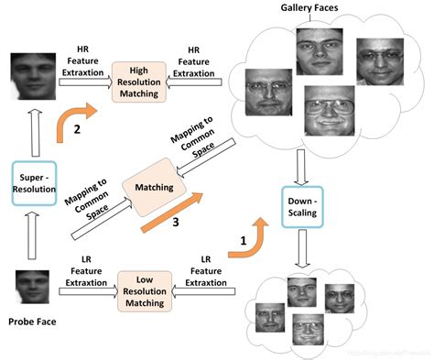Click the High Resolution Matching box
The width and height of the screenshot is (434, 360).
(139, 80)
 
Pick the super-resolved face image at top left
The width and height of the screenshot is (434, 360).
(32, 78)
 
